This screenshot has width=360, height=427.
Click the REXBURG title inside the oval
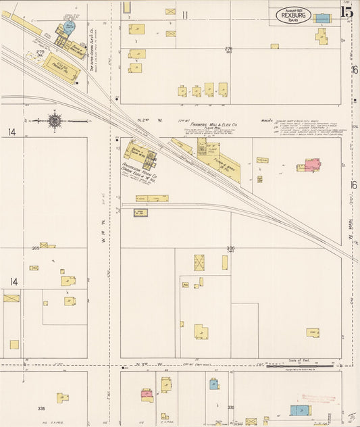tap(293, 16)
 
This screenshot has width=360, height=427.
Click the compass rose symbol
tap(55, 121)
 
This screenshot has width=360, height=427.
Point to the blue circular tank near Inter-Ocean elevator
tap(69, 27)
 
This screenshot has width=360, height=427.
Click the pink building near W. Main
tap(311, 164)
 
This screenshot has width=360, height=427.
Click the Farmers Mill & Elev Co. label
tap(213, 124)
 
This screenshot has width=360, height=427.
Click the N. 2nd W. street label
tap(145, 120)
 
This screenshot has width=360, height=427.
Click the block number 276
tap(228, 49)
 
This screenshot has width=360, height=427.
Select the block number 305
tap(35, 248)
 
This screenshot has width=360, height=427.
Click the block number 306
tap(230, 248)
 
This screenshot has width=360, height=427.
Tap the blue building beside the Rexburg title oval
tap(323, 18)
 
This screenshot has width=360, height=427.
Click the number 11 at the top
tap(184, 14)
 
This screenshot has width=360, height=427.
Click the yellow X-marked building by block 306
tap(199, 262)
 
